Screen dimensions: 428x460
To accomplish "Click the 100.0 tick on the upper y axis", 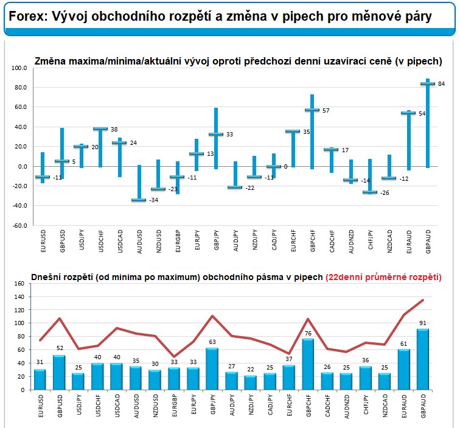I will [19, 68].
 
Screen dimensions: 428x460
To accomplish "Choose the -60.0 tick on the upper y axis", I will [19, 225].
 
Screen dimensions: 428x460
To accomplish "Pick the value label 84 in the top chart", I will [442, 84].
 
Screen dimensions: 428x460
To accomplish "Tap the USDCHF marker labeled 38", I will [100, 128].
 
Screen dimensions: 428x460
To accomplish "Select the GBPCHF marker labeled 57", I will [312, 110].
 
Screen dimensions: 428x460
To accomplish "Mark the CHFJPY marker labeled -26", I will [368, 192].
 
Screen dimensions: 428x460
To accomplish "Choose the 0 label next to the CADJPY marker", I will [285, 166].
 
